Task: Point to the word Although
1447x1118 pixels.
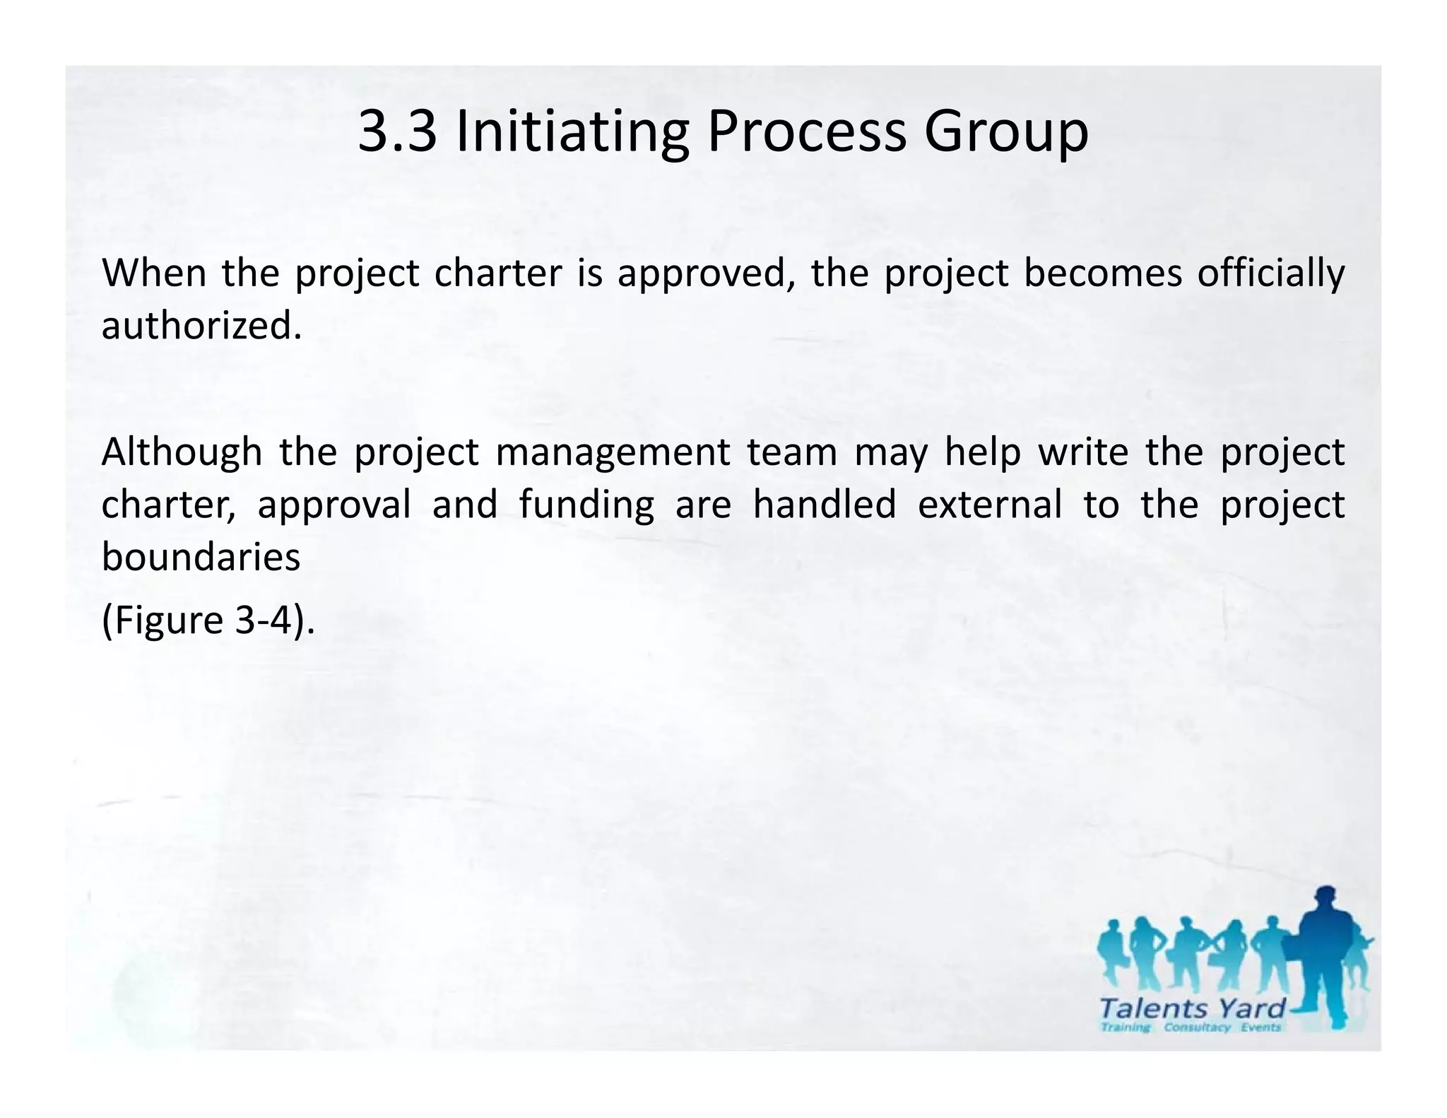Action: click(x=182, y=452)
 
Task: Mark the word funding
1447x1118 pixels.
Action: click(x=586, y=506)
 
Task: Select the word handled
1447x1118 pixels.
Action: click(x=824, y=505)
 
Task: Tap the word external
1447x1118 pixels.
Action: click(x=990, y=505)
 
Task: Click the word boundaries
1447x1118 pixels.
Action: click(x=201, y=557)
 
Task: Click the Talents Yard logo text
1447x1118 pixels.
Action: click(x=1193, y=1007)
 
